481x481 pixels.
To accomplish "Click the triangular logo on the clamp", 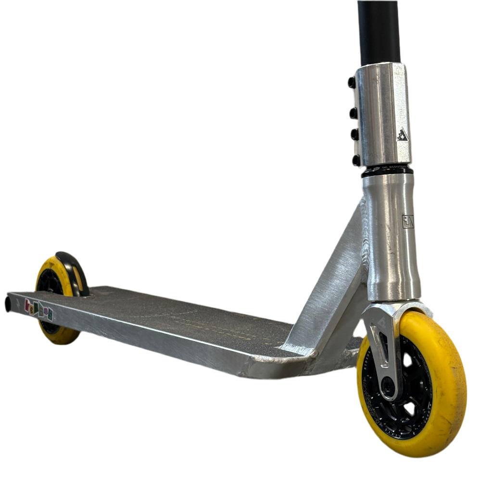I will point(402,135).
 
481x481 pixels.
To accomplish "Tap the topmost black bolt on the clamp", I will point(352,83).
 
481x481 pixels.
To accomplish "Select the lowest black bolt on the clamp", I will point(355,160).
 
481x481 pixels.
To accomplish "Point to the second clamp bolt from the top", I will point(354,113).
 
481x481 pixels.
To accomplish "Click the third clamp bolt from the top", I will point(355,134).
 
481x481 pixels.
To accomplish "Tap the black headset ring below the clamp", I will point(387,171).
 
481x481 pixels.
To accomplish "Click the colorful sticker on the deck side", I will point(38,308).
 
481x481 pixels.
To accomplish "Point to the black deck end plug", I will point(8,304).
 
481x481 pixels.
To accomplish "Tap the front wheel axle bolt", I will point(387,385).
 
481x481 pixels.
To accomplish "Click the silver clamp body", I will point(382,115).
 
